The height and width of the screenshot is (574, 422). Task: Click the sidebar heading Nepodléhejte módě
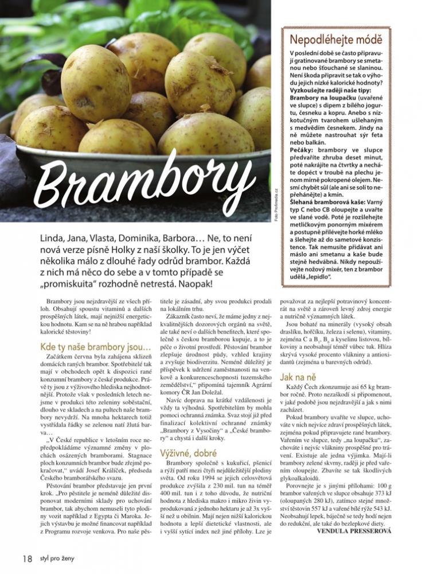(336, 40)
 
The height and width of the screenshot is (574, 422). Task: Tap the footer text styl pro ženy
(58, 558)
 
